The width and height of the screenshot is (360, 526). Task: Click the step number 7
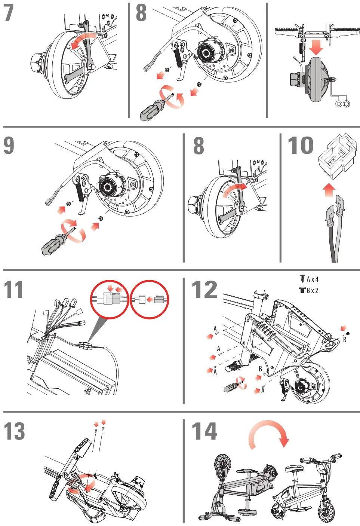click(x=9, y=13)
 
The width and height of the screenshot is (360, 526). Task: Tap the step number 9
click(x=9, y=146)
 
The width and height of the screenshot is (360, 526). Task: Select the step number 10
click(x=300, y=146)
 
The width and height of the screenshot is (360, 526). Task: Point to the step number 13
click(x=14, y=431)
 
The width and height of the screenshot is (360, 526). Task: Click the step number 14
click(x=204, y=431)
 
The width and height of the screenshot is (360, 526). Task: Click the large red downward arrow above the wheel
click(x=316, y=47)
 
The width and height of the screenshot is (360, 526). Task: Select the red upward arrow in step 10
click(x=329, y=190)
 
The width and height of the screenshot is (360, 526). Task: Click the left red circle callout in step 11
click(x=110, y=299)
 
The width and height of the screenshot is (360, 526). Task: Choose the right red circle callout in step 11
click(x=149, y=299)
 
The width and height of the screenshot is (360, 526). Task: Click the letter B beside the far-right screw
click(x=345, y=340)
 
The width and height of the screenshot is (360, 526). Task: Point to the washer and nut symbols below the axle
click(x=342, y=104)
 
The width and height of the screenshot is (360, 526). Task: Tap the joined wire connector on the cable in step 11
click(x=86, y=345)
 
